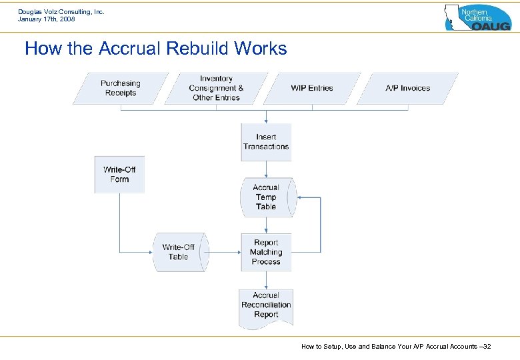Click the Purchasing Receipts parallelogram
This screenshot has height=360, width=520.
(x=121, y=88)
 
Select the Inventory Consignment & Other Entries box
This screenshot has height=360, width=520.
(x=216, y=88)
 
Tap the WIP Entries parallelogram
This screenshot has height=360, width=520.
(x=311, y=88)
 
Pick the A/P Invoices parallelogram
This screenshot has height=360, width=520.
(x=407, y=88)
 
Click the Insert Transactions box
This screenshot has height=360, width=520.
(x=266, y=141)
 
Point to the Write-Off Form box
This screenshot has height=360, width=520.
(x=119, y=175)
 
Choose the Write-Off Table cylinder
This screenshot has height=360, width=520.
(x=179, y=252)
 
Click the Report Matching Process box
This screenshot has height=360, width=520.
(x=266, y=252)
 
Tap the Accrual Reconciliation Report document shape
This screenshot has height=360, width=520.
(x=266, y=305)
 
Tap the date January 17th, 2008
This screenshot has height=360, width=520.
(x=47, y=19)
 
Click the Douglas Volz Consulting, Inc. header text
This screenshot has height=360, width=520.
(x=61, y=11)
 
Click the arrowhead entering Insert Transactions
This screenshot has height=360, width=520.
(x=266, y=121)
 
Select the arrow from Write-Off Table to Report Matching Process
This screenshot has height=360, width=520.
(x=224, y=252)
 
